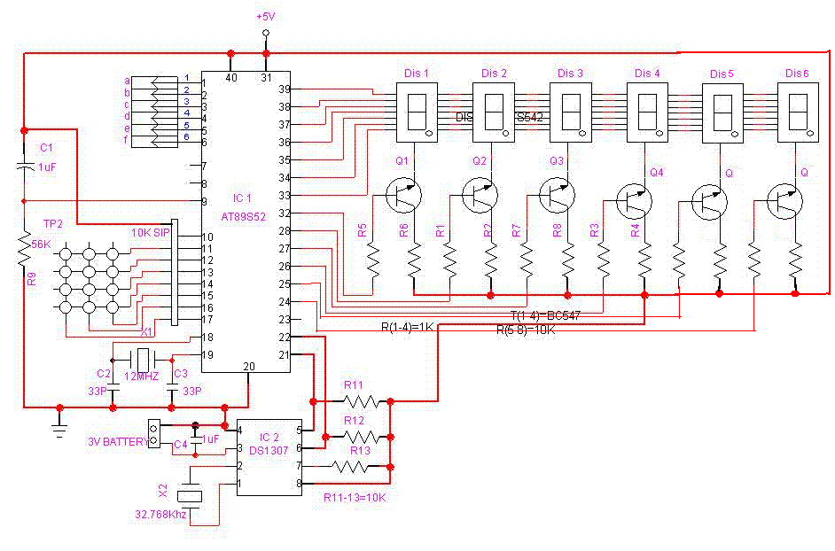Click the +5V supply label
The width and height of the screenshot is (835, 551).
point(265,17)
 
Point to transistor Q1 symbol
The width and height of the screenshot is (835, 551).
point(404,195)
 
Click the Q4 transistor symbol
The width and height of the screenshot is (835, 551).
point(633,201)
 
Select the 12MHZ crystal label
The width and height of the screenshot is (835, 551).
point(142,377)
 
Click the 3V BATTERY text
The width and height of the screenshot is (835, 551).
point(116,441)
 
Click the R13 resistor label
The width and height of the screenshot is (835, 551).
point(360,450)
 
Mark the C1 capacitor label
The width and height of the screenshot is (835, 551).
point(47,147)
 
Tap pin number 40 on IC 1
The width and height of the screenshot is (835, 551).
point(232,78)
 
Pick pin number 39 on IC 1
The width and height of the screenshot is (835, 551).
point(285,89)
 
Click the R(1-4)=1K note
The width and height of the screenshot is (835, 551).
point(407,327)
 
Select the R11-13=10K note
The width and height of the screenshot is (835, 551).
point(355,497)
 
